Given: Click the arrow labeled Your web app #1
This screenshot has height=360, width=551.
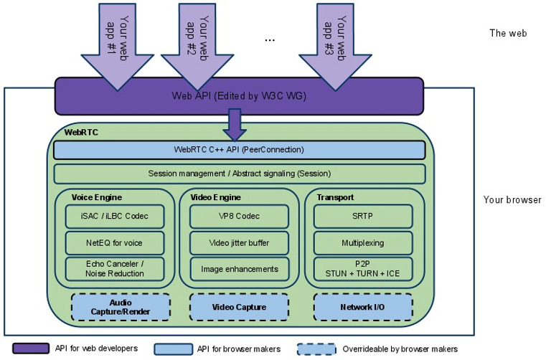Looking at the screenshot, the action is click(x=118, y=46).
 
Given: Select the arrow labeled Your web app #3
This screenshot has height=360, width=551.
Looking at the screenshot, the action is click(x=335, y=46).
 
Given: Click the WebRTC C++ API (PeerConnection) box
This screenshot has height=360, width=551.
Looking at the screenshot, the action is click(x=240, y=150).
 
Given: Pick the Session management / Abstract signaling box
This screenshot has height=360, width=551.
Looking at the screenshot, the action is click(x=240, y=174).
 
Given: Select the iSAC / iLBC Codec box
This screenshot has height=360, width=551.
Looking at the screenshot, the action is click(x=115, y=217).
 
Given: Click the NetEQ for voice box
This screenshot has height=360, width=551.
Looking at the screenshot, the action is click(x=115, y=243).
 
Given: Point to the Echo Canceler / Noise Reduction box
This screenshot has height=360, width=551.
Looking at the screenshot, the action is click(x=115, y=269).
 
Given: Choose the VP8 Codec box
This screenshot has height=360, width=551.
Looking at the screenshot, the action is click(x=240, y=217).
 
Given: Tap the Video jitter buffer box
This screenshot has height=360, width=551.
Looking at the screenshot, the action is click(x=240, y=243).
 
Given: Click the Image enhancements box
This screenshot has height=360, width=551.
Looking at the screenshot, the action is click(x=240, y=269).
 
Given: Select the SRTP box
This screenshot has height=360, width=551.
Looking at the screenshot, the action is click(x=363, y=217).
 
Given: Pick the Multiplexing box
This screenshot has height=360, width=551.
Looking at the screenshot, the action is click(x=363, y=243).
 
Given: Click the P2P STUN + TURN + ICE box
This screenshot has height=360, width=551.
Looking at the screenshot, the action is click(x=363, y=269).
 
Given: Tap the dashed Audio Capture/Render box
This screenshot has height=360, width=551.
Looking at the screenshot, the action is click(x=121, y=308).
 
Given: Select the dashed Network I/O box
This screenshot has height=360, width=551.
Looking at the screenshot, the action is click(x=363, y=308).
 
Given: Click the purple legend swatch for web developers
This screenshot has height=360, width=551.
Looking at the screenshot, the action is click(x=31, y=349).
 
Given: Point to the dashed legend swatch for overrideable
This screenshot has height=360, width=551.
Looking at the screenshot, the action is click(x=316, y=349).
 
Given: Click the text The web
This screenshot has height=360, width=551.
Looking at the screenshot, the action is click(x=508, y=34).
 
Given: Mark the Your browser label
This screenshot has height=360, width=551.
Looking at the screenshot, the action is click(x=512, y=200).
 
